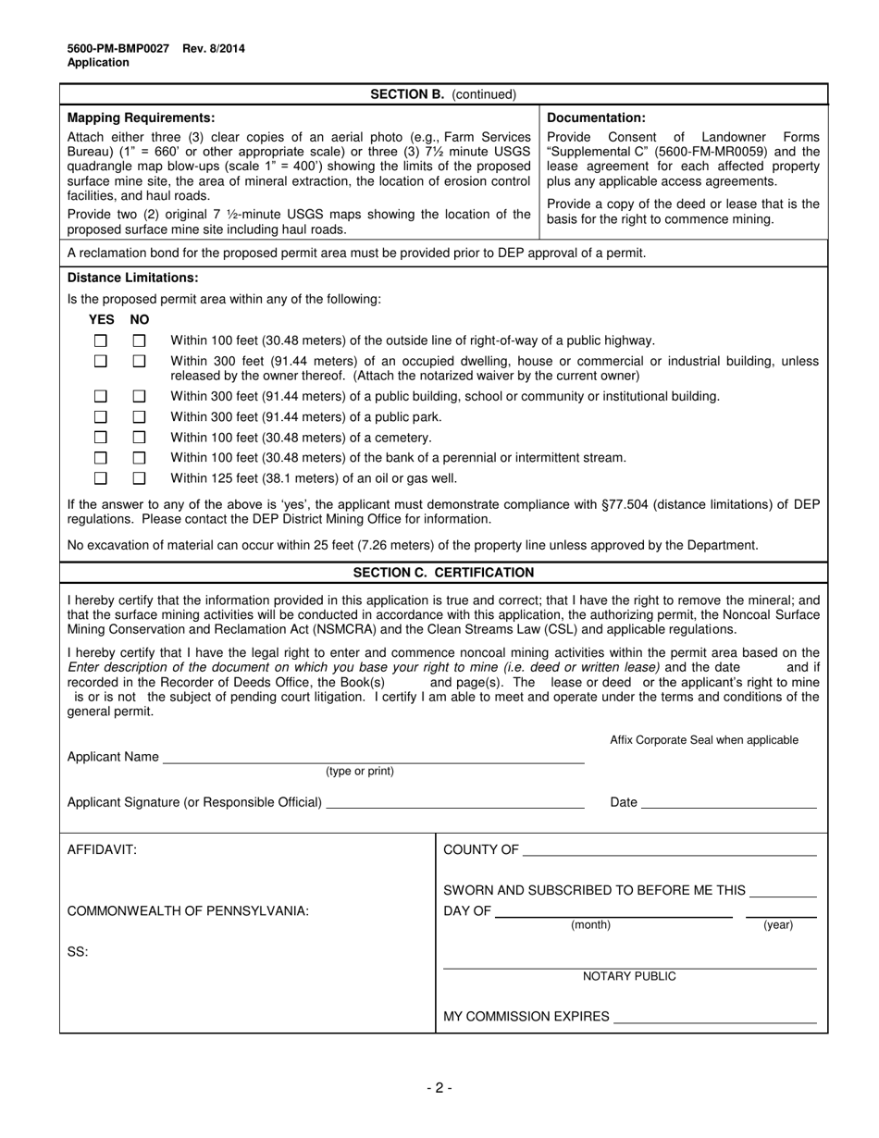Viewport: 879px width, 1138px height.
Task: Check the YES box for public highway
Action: (x=101, y=340)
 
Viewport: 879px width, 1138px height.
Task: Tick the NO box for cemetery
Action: (x=140, y=437)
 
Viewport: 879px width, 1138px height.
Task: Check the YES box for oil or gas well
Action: (x=101, y=478)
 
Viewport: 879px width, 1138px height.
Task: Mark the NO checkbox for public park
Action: (x=140, y=416)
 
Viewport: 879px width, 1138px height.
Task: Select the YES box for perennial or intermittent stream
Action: (x=101, y=457)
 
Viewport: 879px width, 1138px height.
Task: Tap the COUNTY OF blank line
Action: (x=669, y=851)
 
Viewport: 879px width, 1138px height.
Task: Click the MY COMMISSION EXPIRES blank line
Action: (x=714, y=1018)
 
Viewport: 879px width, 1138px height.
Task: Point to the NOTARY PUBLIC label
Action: (x=629, y=976)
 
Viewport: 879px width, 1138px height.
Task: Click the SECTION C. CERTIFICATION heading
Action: (x=443, y=573)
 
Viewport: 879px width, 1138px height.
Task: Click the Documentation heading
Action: (x=596, y=118)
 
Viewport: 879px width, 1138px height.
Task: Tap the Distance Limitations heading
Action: (x=132, y=278)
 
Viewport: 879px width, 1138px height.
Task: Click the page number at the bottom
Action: (x=439, y=1088)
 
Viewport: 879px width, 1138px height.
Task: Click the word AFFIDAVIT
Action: (x=102, y=850)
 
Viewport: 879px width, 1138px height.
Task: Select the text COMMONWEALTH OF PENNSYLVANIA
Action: (x=188, y=910)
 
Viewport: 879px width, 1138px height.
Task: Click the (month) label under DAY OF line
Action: (x=590, y=925)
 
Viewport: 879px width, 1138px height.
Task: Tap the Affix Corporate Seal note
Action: (x=703, y=740)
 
